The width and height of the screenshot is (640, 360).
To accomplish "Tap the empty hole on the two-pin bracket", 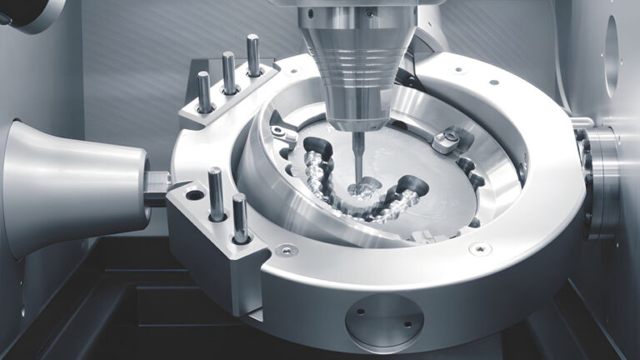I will pos(194,196).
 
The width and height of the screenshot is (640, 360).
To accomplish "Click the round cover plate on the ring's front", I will pos(384,322).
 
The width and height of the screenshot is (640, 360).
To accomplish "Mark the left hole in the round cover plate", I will pos(359,314).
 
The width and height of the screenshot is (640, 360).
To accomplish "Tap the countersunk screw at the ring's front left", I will pos(286,249).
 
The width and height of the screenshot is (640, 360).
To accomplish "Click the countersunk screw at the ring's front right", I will pos(479,248).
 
